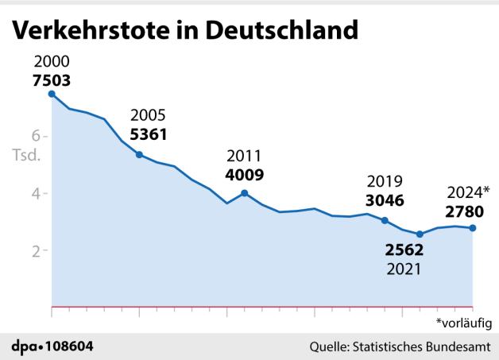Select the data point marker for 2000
tap(52, 94)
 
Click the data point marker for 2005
tap(139, 155)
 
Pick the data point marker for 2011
tap(245, 193)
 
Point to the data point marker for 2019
tap(385, 220)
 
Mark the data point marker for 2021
tap(420, 234)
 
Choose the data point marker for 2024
tap(473, 228)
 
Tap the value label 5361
tap(148, 134)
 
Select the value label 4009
tap(244, 175)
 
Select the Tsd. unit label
tap(26, 155)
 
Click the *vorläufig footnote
tap(463, 322)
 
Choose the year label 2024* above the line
tap(468, 192)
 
